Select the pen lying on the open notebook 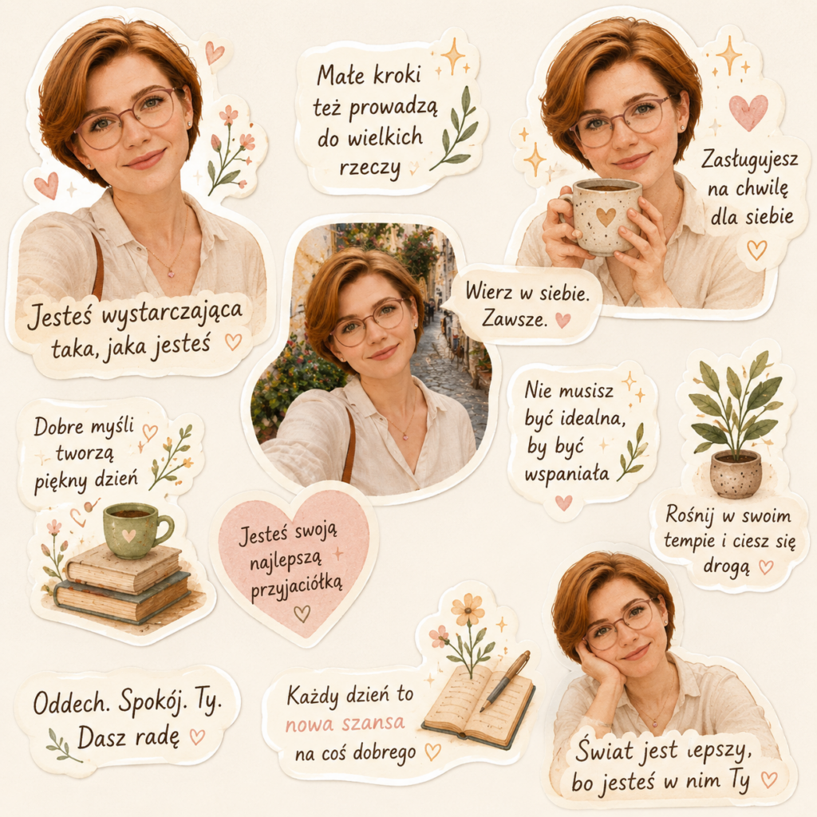[504, 681]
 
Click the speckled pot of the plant [736, 474]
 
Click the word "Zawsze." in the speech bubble [515, 318]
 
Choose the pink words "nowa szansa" [345, 723]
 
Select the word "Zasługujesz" [749, 160]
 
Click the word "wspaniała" [567, 474]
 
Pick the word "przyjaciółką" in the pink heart [297, 587]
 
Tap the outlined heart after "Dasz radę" [197, 736]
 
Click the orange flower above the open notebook [468, 609]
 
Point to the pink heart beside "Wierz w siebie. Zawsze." [562, 320]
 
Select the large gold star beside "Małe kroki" [453, 55]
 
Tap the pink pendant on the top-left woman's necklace [171, 273]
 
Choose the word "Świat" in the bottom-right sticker [604, 750]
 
